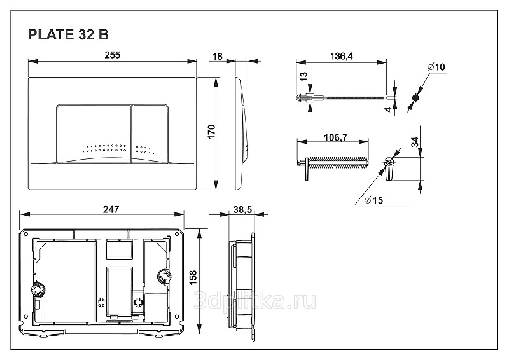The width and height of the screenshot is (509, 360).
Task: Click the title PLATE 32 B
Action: coord(68,34)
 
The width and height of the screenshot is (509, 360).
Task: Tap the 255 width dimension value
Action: coord(113,55)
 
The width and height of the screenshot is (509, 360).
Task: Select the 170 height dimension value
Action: coord(211,132)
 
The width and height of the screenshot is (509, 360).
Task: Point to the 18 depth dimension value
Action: coord(217,57)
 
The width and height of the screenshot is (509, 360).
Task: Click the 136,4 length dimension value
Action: coord(341,56)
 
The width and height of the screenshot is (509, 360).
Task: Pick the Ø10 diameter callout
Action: coord(436,67)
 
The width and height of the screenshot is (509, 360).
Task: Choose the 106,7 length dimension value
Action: coord(336,137)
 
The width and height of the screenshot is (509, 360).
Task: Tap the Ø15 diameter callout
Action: coord(373,200)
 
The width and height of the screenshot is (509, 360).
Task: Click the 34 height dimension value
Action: coord(415,142)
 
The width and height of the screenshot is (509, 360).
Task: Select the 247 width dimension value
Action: coord(111,209)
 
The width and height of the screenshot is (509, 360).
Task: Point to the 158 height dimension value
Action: coord(193,278)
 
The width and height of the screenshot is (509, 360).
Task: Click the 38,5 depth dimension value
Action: coord(242,210)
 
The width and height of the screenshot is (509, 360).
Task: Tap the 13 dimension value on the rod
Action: coord(303,76)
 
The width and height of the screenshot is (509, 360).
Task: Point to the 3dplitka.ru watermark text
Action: coord(255,301)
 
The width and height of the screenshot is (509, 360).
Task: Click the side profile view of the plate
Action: coord(241,133)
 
